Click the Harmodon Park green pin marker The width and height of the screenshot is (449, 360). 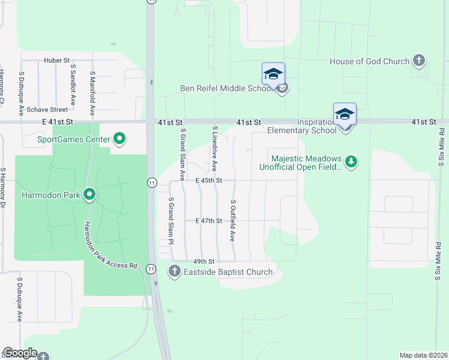90,194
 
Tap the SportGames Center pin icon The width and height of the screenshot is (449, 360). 119,140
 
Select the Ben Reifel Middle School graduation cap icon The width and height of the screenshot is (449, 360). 273,74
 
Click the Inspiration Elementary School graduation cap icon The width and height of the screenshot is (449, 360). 345,114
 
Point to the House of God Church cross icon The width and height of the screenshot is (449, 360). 419,61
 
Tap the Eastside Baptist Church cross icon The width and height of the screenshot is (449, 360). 174,272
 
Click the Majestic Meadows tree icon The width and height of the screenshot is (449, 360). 351,161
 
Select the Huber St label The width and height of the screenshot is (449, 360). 57,61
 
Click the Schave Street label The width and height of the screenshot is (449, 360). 47,110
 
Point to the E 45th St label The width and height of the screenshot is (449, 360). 209,181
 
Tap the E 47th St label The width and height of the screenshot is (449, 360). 209,221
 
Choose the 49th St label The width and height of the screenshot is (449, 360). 203,262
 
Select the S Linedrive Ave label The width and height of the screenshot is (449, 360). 214,149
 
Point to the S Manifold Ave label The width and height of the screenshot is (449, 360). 92,93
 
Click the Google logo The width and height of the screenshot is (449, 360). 20,353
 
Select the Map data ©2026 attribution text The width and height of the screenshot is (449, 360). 423,355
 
